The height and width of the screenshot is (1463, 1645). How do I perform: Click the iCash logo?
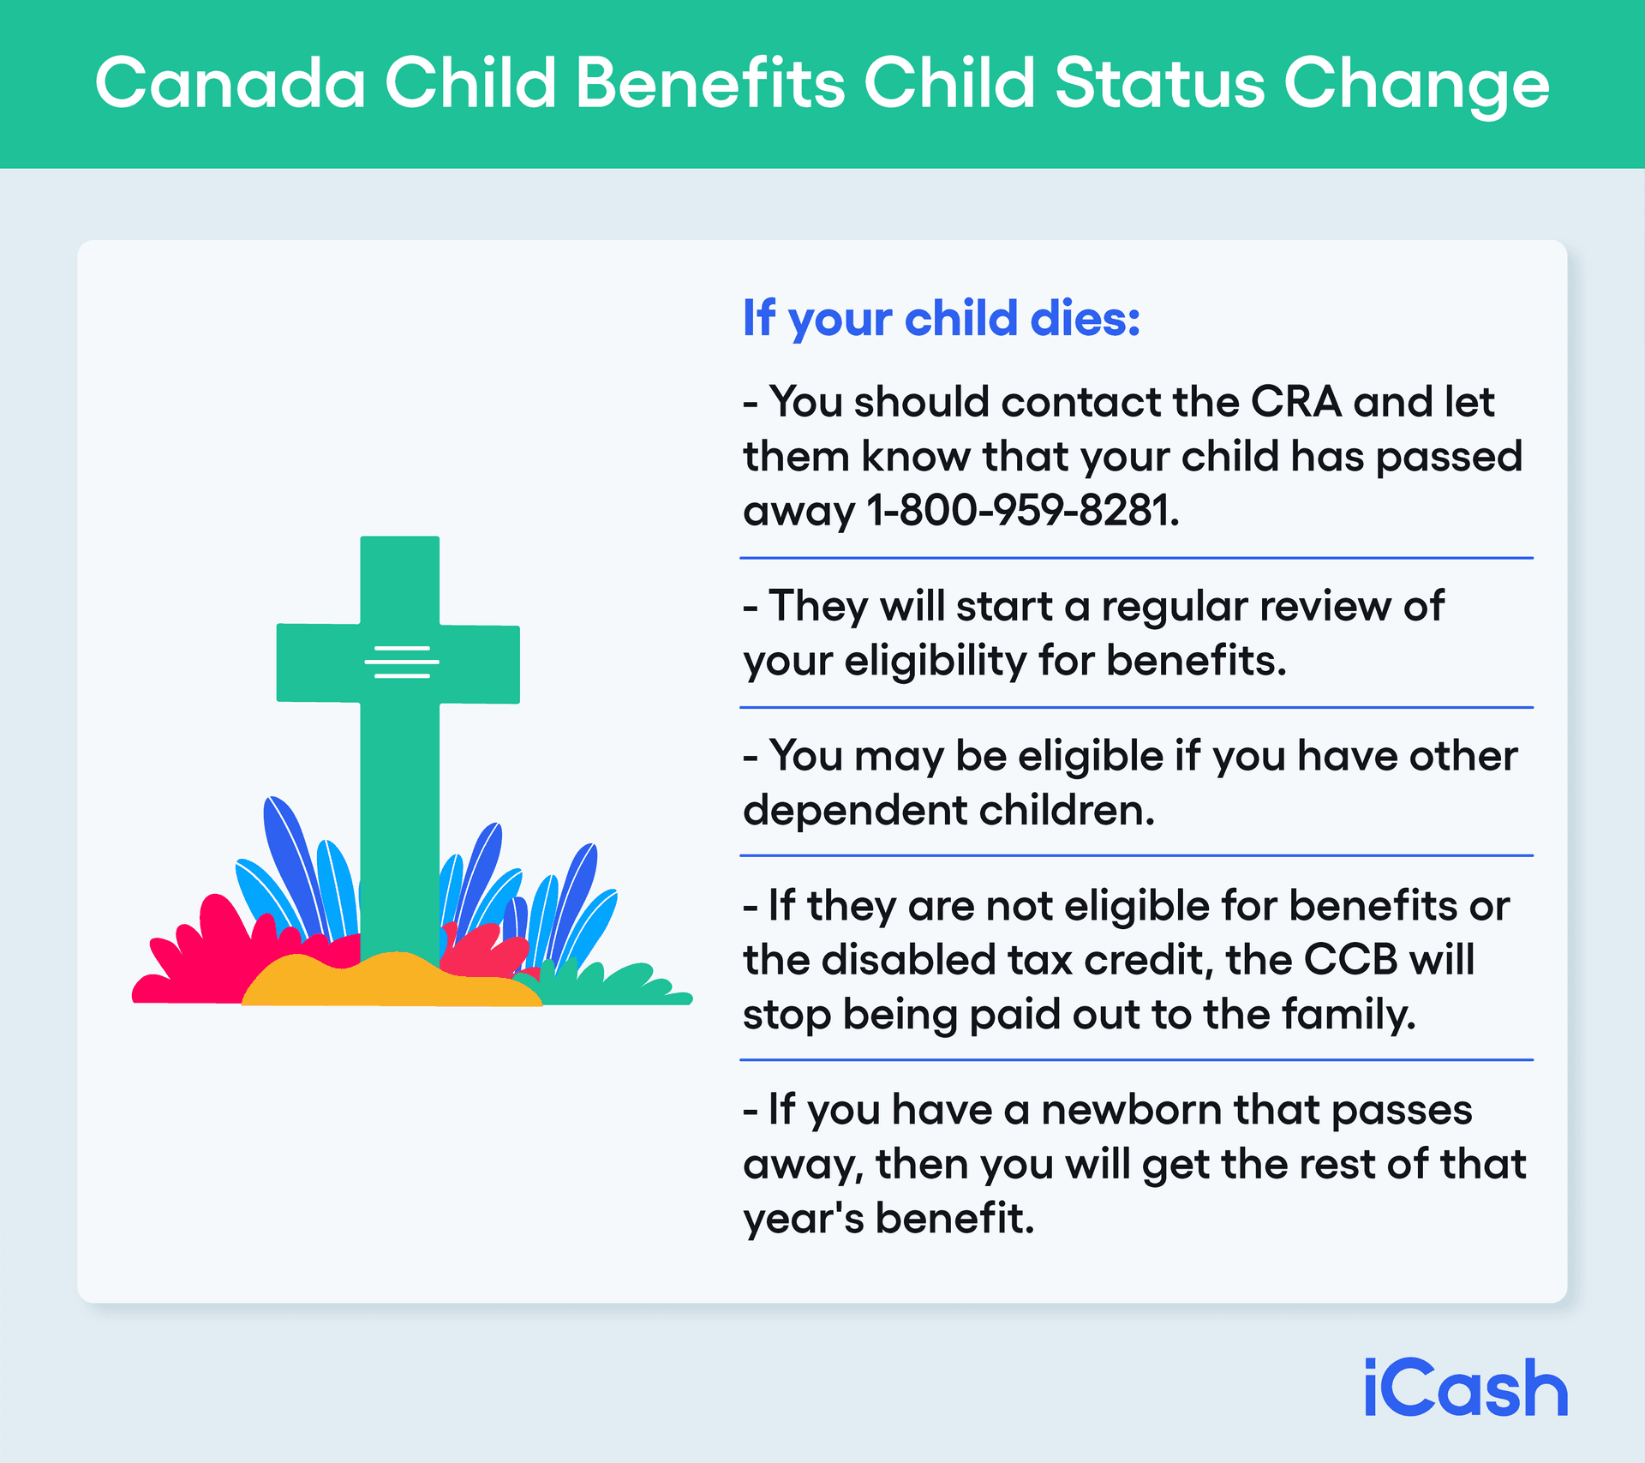point(1465,1388)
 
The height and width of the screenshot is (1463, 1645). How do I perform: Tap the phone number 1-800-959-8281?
point(1020,510)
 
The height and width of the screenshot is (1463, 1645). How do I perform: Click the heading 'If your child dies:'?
point(941,319)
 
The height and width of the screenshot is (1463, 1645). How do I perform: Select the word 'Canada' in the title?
point(230,83)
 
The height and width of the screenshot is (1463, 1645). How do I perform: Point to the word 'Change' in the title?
point(1415,85)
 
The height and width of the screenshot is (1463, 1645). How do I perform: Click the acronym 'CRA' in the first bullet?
point(1295,402)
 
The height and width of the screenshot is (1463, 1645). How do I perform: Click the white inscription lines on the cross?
point(401,662)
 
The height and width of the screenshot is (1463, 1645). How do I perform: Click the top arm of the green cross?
point(400,579)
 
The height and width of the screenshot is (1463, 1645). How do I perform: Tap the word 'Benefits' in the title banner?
point(710,83)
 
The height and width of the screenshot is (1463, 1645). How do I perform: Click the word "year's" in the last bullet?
point(803,1219)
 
